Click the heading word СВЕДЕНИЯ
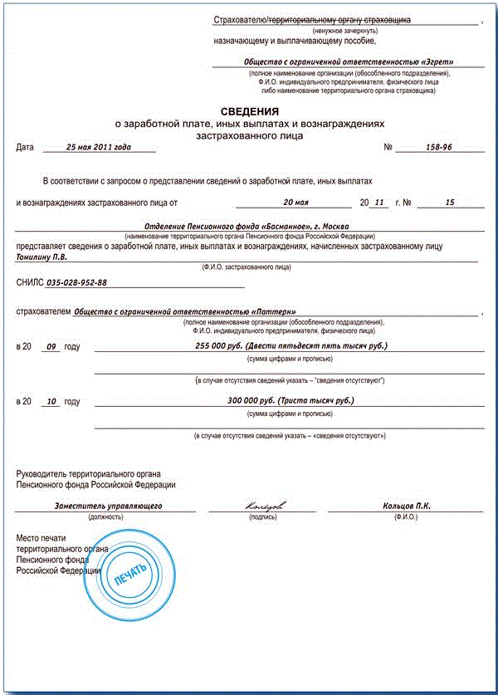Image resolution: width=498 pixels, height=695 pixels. [x=249, y=110]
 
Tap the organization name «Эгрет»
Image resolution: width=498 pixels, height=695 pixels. [x=349, y=61]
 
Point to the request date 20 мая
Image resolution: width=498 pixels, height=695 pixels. [x=295, y=202]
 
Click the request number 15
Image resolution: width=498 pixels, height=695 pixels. [x=450, y=202]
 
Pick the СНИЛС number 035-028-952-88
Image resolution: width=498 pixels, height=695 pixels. [x=77, y=283]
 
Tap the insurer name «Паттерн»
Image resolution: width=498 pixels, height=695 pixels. [x=184, y=312]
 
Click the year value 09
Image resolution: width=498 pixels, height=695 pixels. [x=51, y=346]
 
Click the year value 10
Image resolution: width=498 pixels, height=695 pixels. [x=51, y=402]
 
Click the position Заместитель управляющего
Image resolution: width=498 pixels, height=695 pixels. [x=107, y=506]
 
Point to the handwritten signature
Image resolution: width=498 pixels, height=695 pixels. [x=265, y=506]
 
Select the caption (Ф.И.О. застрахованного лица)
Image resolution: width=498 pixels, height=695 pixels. [x=247, y=267]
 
